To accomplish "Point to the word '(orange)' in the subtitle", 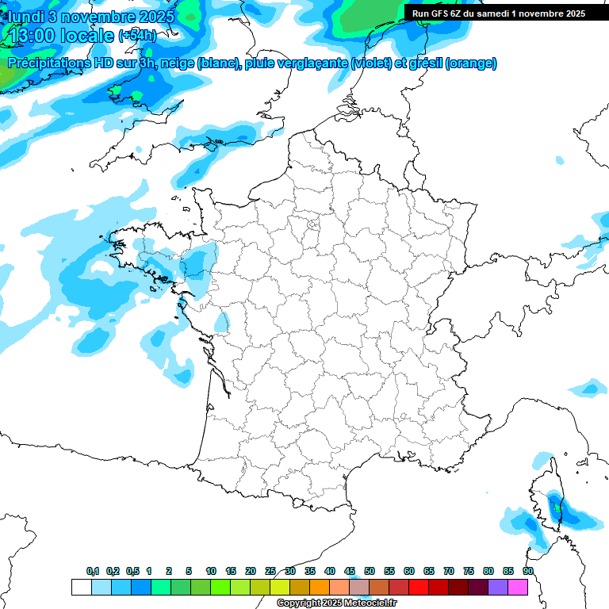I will tap(471, 63).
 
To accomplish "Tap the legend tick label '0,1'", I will tap(93, 571).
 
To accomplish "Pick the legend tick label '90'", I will tap(528, 571).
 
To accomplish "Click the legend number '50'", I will tap(370, 571).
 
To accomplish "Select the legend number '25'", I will tap(270, 571).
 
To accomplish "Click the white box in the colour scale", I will tap(81, 587).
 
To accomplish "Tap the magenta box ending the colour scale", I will tap(518, 587).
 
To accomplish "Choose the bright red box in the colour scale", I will tap(419, 587).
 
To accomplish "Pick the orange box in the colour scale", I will tap(320, 587).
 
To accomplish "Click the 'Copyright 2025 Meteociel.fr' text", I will tap(336, 603).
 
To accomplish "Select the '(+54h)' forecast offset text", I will tap(137, 36).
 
